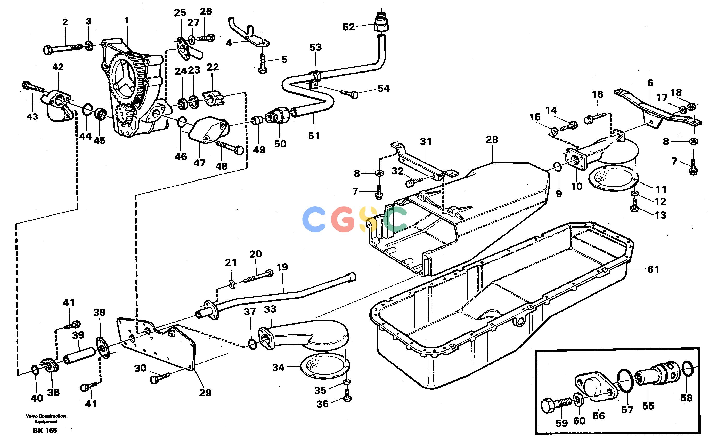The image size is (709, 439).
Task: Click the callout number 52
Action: point(349,27)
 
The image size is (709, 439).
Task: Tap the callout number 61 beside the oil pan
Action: point(653,269)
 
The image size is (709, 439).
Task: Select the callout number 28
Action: point(492,140)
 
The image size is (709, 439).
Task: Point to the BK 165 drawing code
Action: point(45,430)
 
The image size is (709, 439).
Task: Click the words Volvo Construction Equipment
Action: point(46,419)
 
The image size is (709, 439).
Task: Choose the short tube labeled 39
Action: point(79,356)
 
